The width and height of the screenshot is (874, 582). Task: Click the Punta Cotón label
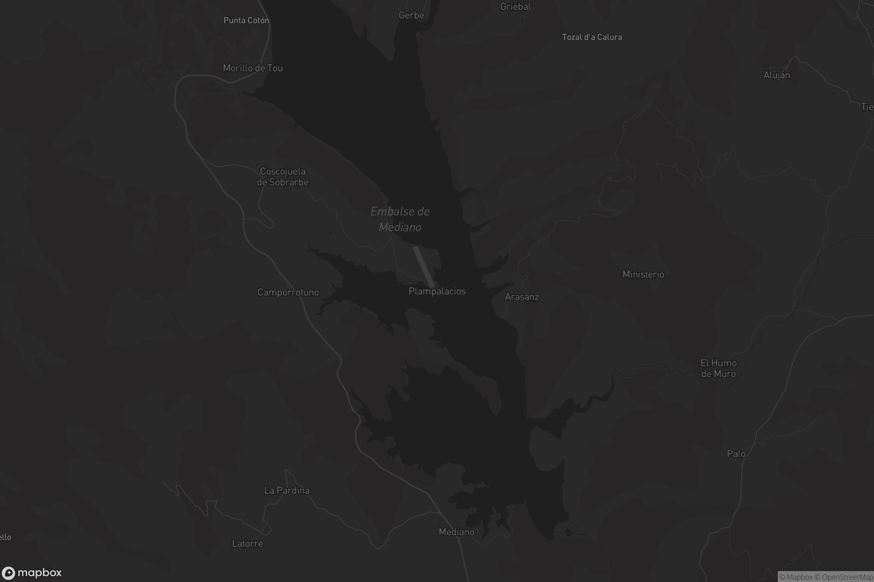point(246,20)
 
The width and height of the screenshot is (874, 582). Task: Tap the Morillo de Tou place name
point(253,68)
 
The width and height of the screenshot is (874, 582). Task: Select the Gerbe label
point(411,15)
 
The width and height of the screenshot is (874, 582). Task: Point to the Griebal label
point(515,7)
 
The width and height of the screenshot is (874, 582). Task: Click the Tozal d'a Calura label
point(591,37)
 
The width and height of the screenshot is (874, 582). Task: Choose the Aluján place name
point(776,75)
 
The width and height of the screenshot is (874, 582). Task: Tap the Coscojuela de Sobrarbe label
point(283,177)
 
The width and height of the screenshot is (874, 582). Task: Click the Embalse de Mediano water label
point(400,219)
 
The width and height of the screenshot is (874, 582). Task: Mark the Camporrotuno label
point(288,292)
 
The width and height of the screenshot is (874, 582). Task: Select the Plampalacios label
point(437,291)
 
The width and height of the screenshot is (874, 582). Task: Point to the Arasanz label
point(522,297)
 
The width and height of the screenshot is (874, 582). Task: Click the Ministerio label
point(643,274)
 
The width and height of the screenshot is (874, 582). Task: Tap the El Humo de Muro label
point(718,368)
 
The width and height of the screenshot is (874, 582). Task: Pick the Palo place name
point(736,454)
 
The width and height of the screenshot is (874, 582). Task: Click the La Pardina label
point(287,491)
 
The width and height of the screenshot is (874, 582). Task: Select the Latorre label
point(248,544)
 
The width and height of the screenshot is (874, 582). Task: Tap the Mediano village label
point(456,532)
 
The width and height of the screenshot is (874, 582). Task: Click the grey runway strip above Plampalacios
point(424,267)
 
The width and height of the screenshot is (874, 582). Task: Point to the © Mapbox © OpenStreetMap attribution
point(826,577)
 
